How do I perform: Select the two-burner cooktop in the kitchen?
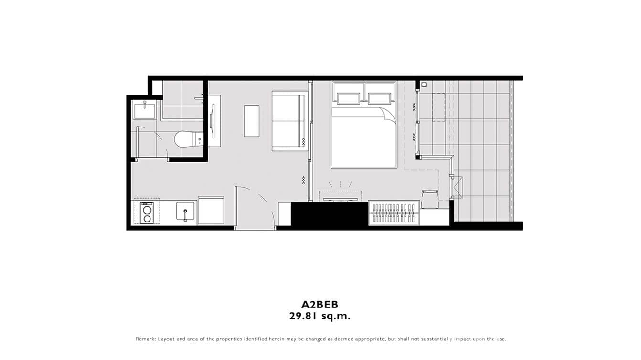point(147,213)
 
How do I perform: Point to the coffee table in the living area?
point(251,121)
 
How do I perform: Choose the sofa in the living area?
point(288,121)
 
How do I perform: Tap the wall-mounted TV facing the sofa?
point(213,121)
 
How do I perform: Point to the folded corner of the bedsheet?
point(389,115)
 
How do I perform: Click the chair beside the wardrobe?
point(430,198)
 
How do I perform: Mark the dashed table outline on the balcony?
point(439,107)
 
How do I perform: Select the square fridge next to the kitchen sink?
point(211,211)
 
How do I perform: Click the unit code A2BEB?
point(320,304)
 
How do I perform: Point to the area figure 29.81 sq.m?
point(320,316)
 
